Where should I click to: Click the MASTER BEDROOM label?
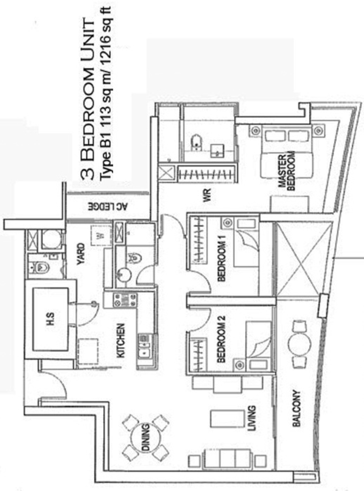287,171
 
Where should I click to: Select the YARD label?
80,254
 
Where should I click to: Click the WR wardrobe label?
207,195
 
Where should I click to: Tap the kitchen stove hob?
125,300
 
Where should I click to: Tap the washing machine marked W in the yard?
101,235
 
